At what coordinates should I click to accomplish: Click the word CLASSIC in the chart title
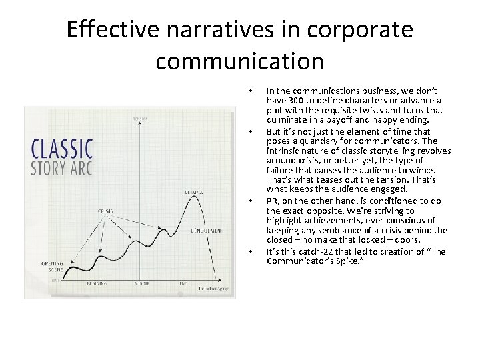63,147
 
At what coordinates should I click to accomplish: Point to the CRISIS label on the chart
105,211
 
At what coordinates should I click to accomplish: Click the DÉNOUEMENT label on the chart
206,231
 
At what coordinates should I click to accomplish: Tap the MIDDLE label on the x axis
141,283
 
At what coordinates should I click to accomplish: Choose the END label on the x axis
181,283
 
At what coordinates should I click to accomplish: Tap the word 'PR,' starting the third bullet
273,200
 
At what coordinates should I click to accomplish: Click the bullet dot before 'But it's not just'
250,131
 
